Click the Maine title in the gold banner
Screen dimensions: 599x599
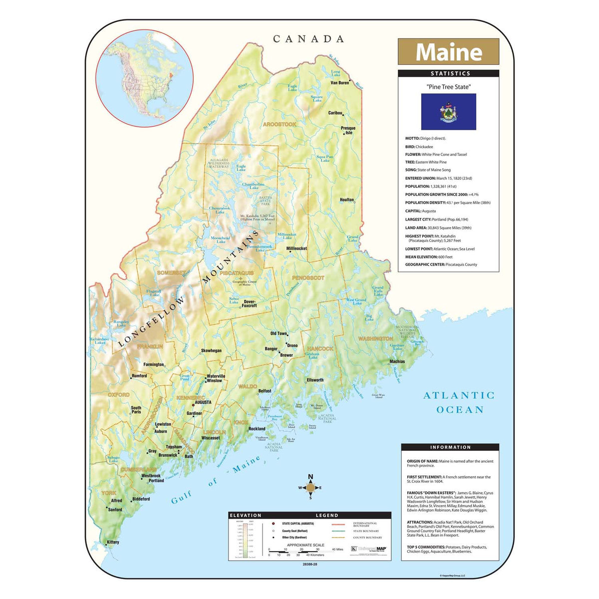(x=448, y=52)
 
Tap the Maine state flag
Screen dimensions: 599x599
(x=448, y=112)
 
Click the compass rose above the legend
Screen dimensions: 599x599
(x=310, y=487)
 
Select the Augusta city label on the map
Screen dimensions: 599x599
(x=203, y=402)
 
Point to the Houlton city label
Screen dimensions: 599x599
(x=346, y=200)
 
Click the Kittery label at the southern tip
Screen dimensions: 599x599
(x=113, y=542)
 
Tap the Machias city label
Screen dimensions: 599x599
(x=397, y=361)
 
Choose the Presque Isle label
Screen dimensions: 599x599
(x=348, y=130)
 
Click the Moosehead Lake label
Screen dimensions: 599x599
(x=220, y=240)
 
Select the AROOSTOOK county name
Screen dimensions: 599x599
(x=280, y=124)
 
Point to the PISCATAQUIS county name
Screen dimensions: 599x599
(x=237, y=274)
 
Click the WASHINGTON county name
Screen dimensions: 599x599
(x=375, y=339)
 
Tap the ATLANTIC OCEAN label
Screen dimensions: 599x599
(x=459, y=402)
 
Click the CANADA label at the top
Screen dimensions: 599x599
(x=308, y=39)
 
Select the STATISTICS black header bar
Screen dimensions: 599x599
(x=448, y=73)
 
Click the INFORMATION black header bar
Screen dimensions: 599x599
(x=450, y=447)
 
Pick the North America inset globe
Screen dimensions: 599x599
(x=144, y=78)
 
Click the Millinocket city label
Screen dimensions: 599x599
(x=297, y=248)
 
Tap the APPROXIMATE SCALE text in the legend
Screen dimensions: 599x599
(x=305, y=545)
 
